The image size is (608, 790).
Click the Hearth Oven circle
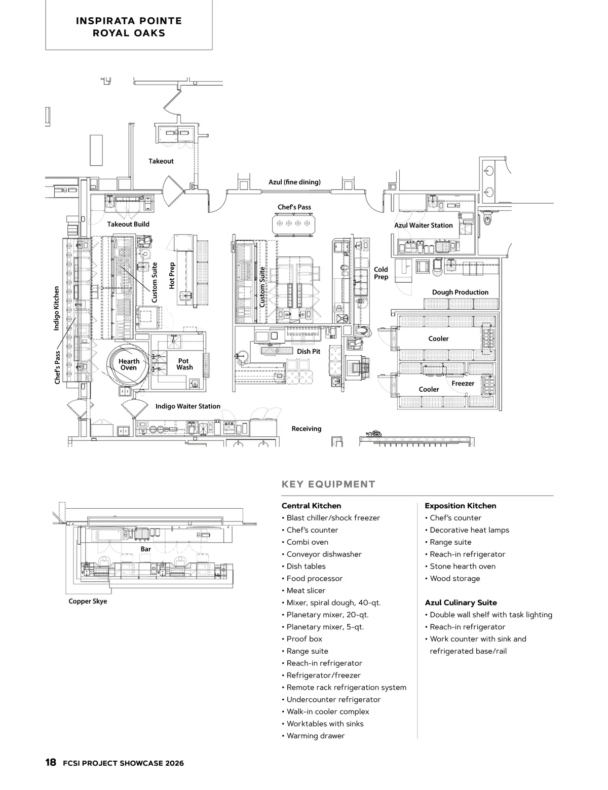coord(129,364)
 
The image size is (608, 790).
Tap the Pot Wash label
coord(184,364)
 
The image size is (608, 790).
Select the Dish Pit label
coord(309,351)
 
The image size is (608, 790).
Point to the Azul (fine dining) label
coord(294,182)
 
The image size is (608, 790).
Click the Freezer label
coord(463,384)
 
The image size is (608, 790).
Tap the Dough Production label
coord(460,292)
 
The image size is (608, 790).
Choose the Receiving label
coord(307,429)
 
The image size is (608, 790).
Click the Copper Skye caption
coord(88,601)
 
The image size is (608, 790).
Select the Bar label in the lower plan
coord(146,549)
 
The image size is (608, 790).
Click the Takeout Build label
coord(128,224)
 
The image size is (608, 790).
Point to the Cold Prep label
coord(381,273)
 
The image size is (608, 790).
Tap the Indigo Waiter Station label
coord(187,406)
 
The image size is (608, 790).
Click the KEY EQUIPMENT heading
coord(328,484)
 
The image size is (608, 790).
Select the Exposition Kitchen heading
coord(460,506)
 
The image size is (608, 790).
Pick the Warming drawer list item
coord(315,736)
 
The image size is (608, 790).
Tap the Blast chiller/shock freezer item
coord(333,518)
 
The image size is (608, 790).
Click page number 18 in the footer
coord(51,763)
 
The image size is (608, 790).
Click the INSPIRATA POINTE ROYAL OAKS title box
coord(129,27)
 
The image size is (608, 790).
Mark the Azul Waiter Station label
coord(424,225)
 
